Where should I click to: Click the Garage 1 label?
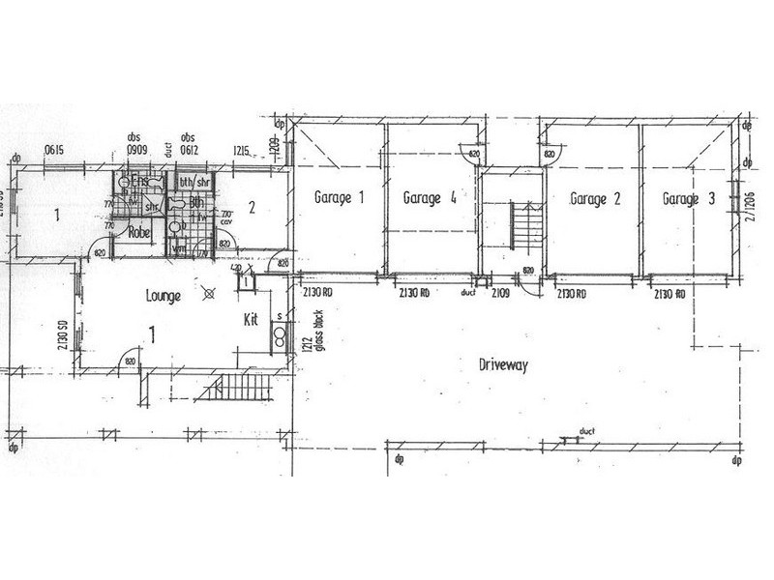[339, 198]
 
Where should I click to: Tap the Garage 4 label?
[430, 198]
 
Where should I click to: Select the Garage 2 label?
[595, 199]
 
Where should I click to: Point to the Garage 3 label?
[689, 199]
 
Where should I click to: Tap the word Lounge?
[164, 296]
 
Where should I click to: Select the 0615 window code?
[53, 150]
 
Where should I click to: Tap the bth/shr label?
[197, 182]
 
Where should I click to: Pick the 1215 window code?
[242, 150]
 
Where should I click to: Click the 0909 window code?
[134, 150]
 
